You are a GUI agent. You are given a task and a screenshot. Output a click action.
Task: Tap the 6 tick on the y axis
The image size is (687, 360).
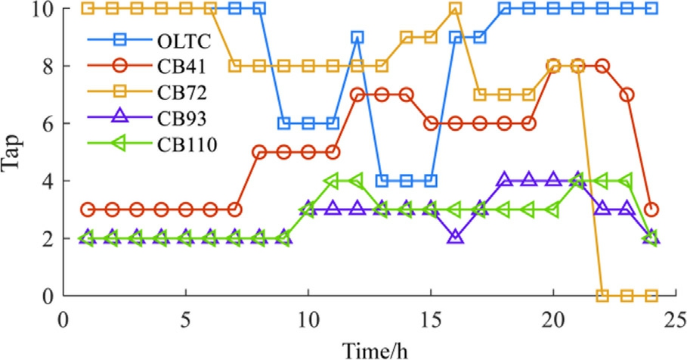click(47, 123)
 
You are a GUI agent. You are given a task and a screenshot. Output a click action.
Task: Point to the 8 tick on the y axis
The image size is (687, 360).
click(47, 66)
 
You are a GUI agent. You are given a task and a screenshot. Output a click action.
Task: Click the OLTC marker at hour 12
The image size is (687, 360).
click(357, 37)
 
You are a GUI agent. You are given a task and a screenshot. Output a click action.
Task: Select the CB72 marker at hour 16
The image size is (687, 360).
click(455, 8)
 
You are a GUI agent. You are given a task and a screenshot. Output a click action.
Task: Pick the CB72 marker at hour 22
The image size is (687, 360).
click(602, 295)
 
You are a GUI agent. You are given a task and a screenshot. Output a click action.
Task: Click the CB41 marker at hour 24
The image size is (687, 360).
click(651, 209)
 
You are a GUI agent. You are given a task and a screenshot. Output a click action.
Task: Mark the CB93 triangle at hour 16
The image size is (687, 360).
click(455, 237)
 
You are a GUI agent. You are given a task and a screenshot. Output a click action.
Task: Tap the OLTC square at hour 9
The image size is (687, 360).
click(283, 123)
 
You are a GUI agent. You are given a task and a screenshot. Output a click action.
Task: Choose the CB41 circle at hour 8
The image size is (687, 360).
click(259, 152)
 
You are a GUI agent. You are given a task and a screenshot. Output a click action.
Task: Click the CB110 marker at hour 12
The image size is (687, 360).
click(356, 181)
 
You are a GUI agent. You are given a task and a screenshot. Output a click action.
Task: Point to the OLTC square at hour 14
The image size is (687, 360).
click(406, 181)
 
